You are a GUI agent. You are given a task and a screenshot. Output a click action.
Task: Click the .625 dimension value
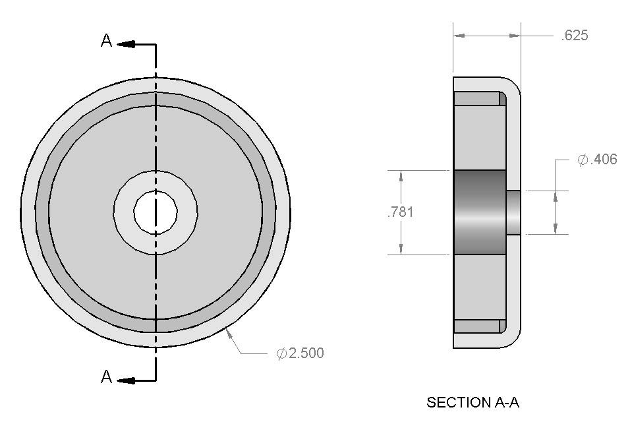[575, 36]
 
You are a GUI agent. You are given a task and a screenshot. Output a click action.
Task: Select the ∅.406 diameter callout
[597, 160]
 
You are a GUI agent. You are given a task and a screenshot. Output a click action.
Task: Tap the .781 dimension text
[400, 212]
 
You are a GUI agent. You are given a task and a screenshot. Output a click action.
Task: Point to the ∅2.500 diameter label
[300, 353]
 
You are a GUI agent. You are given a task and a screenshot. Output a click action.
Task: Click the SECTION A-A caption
[473, 402]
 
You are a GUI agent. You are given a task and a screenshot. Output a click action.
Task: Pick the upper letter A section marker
[107, 41]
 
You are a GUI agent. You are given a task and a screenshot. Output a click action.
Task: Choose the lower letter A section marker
[107, 377]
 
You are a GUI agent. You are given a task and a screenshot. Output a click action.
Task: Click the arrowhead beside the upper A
[126, 44]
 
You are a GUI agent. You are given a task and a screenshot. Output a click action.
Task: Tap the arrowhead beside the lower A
[126, 380]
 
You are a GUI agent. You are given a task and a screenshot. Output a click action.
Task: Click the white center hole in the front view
[156, 212]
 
